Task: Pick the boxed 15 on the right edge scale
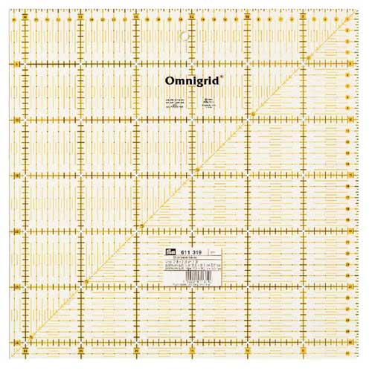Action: [x=349, y=177]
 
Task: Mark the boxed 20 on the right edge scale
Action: [x=349, y=232]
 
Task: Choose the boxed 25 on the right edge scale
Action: [x=349, y=289]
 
